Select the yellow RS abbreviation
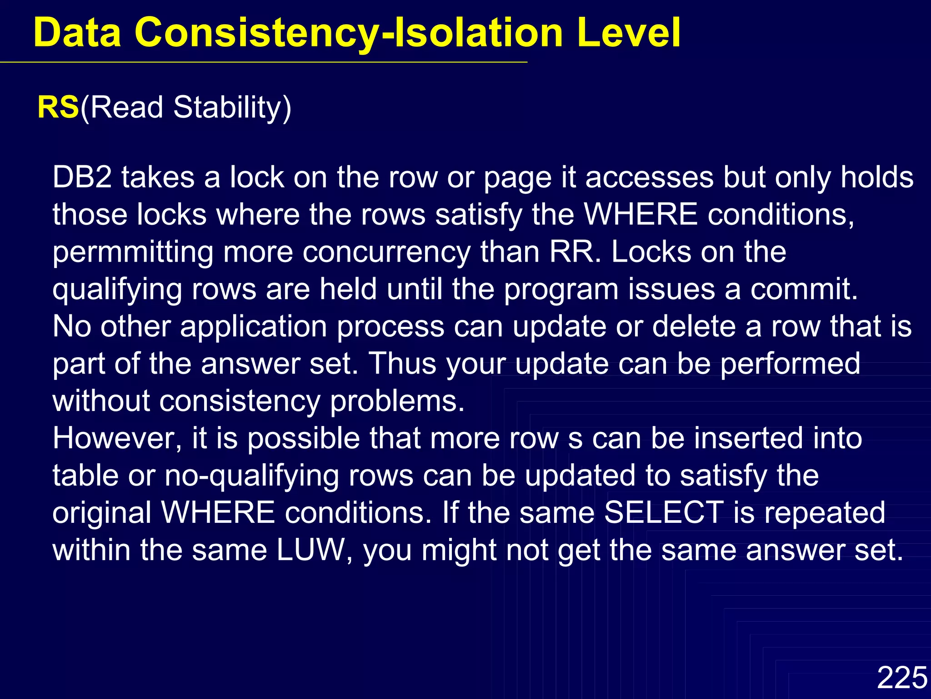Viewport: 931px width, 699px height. pos(58,107)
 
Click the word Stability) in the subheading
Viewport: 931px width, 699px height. pos(232,108)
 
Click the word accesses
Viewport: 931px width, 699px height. pos(649,177)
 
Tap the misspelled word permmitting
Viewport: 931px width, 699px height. pos(133,252)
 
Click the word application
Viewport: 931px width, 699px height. pos(254,327)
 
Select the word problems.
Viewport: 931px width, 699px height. pos(397,401)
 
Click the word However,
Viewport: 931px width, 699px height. pos(117,439)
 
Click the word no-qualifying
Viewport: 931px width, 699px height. pos(252,476)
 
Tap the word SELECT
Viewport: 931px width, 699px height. pos(664,513)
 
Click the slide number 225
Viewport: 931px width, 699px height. pos(902,677)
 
